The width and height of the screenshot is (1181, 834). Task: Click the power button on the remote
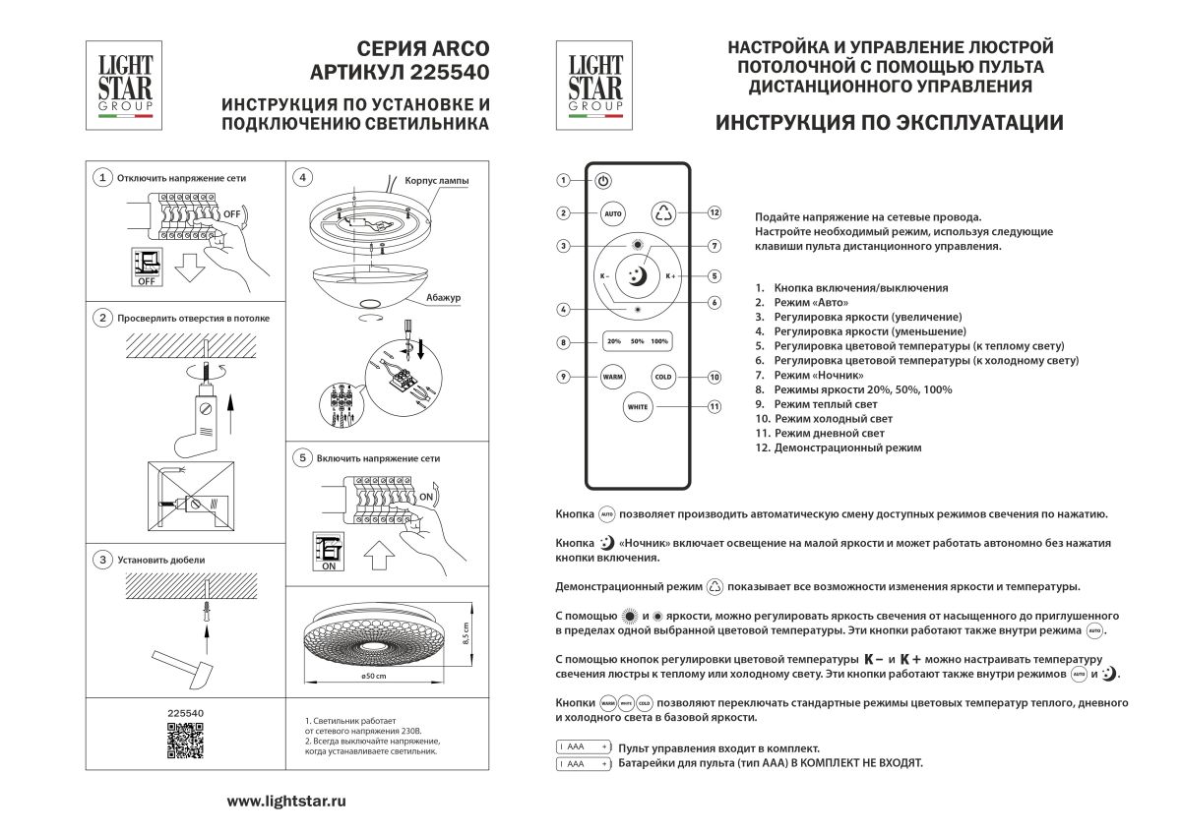(603, 181)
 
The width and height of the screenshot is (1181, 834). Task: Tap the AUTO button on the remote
(612, 212)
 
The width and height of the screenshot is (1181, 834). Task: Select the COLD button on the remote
(662, 377)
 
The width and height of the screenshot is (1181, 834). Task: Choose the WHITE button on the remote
(637, 406)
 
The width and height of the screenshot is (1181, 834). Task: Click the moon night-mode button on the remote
(637, 277)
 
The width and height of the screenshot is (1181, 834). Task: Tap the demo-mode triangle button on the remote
(662, 212)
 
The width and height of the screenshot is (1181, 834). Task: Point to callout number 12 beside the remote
(715, 212)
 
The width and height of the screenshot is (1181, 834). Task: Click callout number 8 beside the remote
(562, 342)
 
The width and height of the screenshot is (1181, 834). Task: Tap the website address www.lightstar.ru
(286, 802)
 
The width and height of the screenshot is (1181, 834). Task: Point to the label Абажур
(444, 296)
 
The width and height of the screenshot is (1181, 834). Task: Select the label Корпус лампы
(437, 182)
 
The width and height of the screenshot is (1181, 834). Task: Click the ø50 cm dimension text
(373, 677)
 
